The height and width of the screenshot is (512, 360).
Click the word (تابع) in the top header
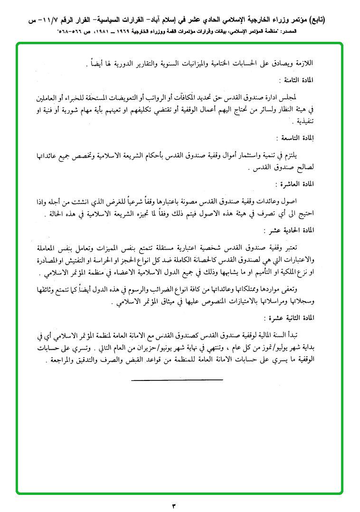coord(341,20)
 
